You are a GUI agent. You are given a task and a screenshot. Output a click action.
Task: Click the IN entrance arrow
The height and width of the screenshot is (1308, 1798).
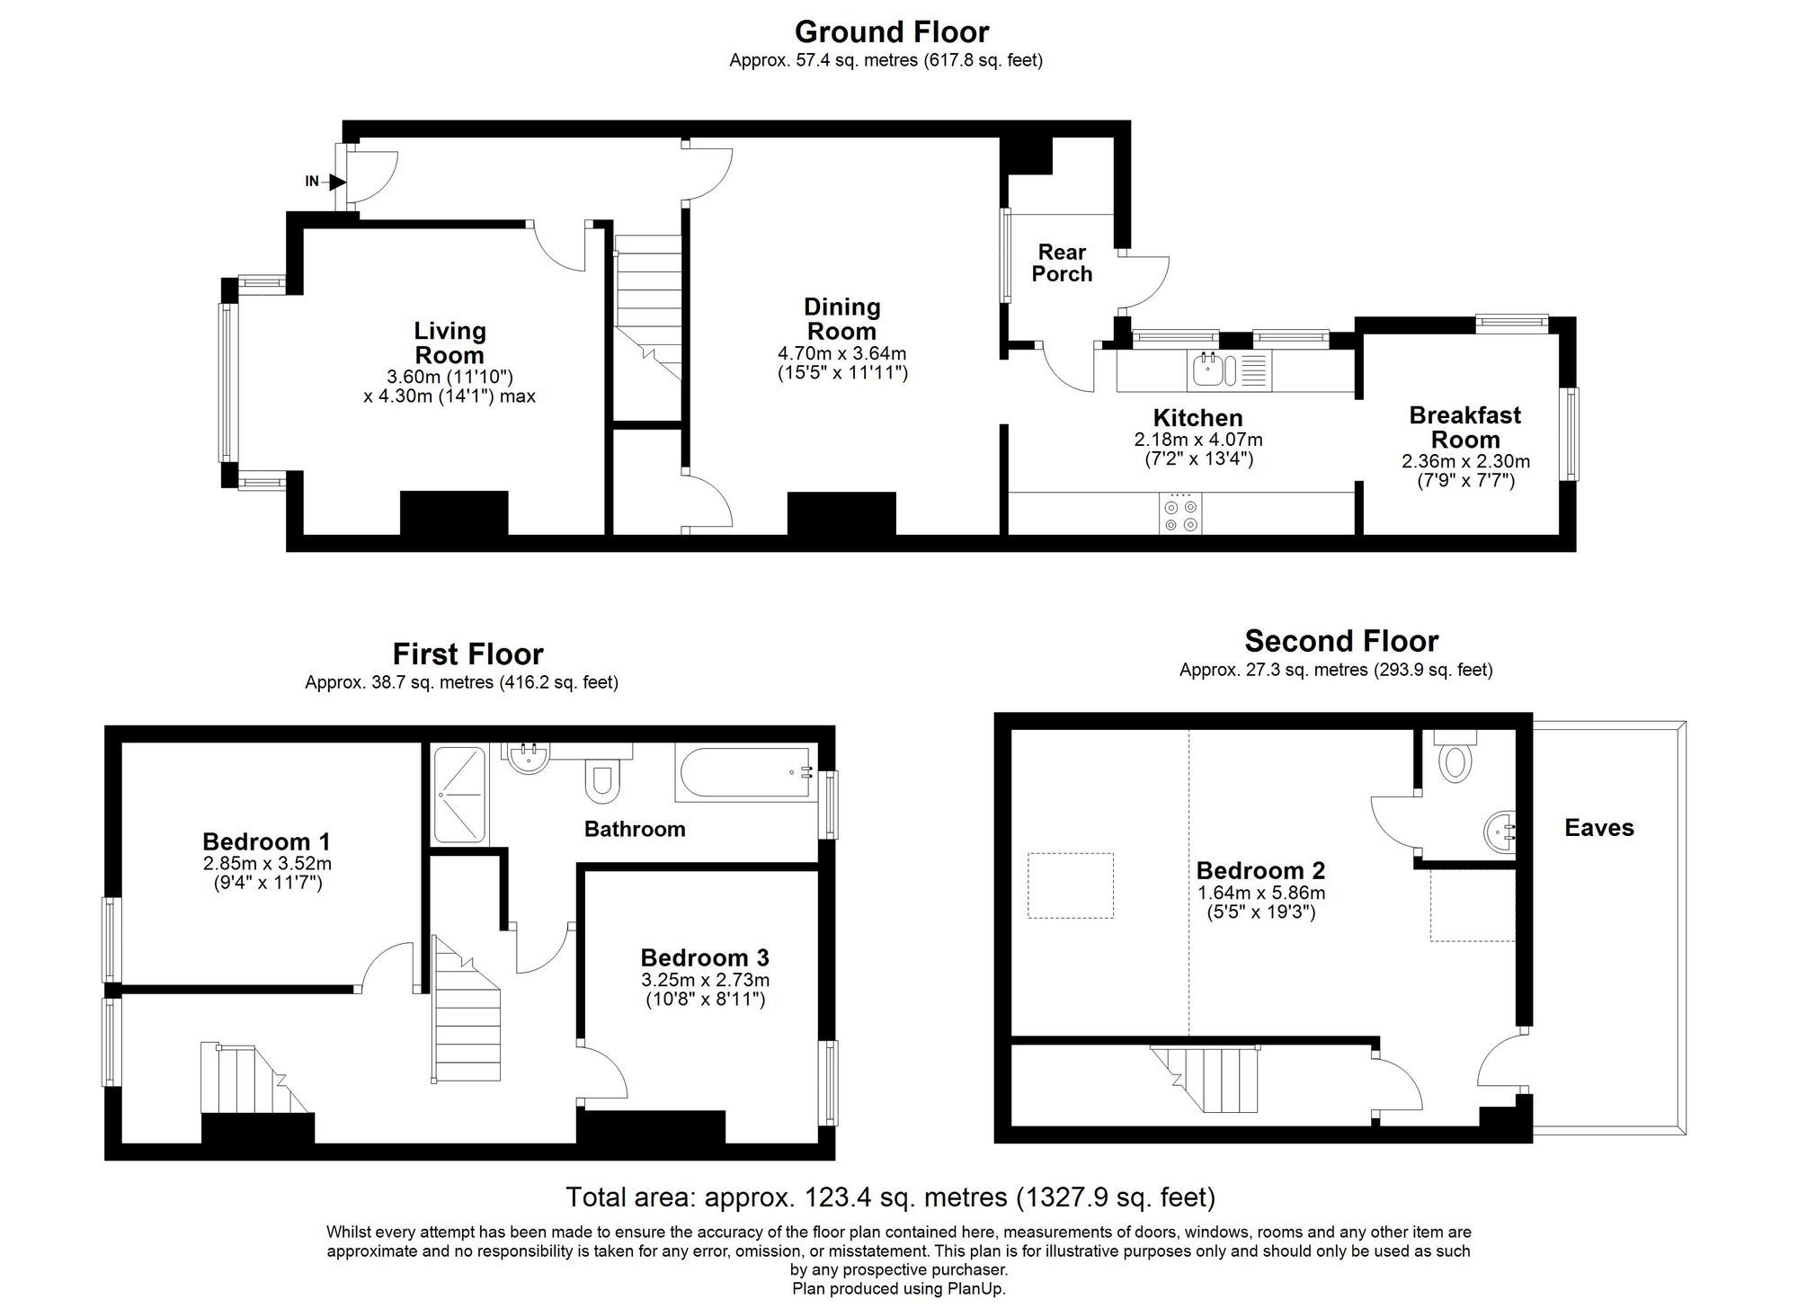[x=337, y=182]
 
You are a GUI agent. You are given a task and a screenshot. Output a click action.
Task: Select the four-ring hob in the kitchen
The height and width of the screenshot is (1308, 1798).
[x=1180, y=514]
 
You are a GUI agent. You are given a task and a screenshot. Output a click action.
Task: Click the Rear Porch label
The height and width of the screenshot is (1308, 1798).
[x=1062, y=263]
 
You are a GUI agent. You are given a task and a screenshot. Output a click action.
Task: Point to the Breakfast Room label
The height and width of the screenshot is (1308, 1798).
[x=1465, y=428]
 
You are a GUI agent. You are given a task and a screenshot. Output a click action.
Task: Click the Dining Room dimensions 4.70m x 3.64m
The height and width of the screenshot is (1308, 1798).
[x=841, y=353]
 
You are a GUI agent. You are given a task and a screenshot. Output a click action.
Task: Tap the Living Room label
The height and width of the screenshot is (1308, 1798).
[x=449, y=343]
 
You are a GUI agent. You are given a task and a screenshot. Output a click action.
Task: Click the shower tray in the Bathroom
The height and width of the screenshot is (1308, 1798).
[x=459, y=795]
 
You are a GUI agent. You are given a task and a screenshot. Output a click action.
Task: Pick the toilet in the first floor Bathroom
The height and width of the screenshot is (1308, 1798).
[x=601, y=780]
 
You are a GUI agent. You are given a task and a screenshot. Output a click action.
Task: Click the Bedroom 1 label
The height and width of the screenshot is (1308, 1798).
[x=266, y=842]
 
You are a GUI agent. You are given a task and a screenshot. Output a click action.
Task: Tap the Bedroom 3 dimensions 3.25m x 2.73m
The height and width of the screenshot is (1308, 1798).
[x=705, y=981]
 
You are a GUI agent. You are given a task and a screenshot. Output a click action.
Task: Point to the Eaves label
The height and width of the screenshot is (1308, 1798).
[x=1598, y=828]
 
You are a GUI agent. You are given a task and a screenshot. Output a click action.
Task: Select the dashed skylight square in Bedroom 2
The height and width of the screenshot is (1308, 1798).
[x=1071, y=885]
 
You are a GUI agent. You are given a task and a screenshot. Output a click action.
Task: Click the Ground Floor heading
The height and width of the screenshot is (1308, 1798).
[x=891, y=32]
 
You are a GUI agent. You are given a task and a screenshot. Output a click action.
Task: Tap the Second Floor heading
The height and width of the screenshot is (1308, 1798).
[x=1341, y=642]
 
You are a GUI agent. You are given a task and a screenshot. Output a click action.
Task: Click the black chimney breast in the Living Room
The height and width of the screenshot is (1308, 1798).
[x=454, y=512]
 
